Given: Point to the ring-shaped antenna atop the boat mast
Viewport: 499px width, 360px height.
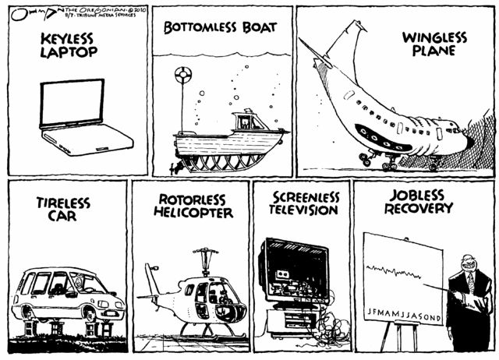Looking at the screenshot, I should click(x=185, y=76).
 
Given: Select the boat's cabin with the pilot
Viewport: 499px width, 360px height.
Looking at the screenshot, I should click(x=249, y=122).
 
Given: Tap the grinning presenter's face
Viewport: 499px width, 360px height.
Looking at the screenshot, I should click(x=469, y=266).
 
